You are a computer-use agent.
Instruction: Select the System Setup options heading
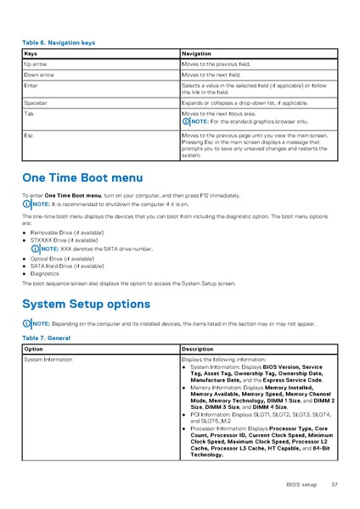coord(86,304)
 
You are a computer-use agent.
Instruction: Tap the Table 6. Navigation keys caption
coord(59,42)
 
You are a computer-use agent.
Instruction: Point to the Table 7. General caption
coord(47,338)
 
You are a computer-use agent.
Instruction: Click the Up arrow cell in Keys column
coord(37,64)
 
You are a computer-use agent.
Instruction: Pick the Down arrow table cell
coord(40,76)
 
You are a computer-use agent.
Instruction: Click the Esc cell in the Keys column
coord(30,135)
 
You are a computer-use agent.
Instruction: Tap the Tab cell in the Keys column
coord(30,113)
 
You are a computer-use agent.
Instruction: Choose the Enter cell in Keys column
coord(31,87)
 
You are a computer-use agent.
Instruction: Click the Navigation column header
coord(201,53)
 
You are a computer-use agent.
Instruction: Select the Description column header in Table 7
coord(202,350)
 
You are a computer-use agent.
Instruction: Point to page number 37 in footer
coord(335,484)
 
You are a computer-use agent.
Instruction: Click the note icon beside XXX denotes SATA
coord(35,249)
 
